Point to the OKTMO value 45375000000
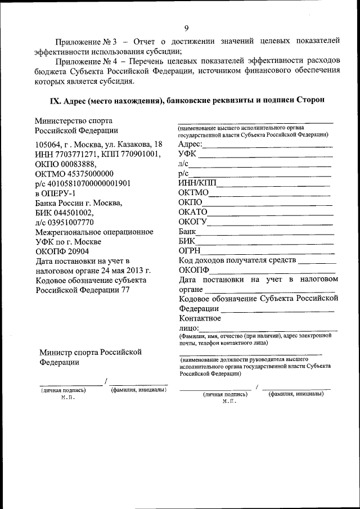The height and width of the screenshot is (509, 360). (90, 174)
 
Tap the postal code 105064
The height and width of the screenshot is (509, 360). (49, 144)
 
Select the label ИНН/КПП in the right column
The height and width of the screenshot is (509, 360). (197, 183)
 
